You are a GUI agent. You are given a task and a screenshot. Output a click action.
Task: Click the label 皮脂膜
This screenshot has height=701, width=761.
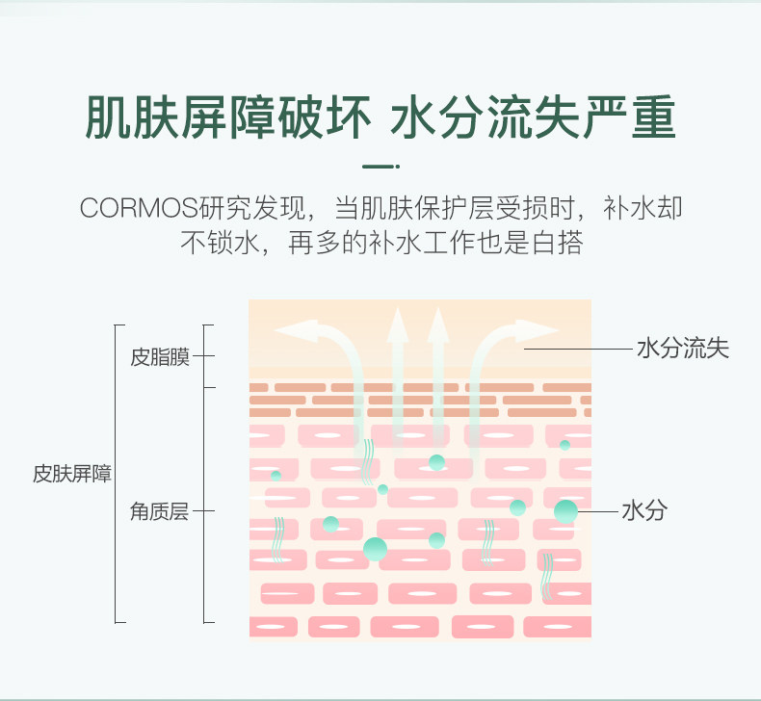160,358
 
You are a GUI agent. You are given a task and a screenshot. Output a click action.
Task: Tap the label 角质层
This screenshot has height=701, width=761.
160,511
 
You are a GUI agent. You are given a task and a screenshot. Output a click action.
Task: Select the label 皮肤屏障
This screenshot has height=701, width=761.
72,474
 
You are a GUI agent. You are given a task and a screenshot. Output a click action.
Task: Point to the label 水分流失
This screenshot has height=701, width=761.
683,348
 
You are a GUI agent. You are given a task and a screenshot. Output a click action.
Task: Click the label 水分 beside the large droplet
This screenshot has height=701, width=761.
644,511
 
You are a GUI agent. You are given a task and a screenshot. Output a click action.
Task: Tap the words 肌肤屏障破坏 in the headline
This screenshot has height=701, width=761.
227,118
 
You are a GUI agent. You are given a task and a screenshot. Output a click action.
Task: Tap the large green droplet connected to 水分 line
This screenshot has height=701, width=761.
566,511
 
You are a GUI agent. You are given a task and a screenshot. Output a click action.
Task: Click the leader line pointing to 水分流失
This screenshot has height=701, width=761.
578,348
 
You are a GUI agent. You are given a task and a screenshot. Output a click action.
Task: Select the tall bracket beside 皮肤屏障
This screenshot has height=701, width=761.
117,474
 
